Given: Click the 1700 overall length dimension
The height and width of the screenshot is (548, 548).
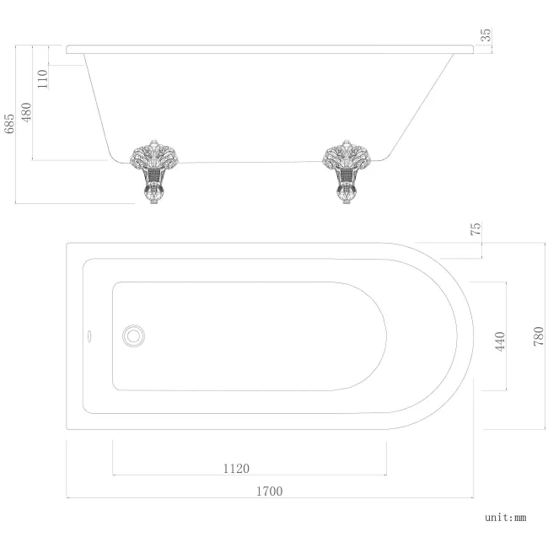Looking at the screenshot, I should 269,491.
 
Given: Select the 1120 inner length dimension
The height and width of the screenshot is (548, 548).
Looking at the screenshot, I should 236,468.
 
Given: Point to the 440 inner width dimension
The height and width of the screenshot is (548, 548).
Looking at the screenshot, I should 498,341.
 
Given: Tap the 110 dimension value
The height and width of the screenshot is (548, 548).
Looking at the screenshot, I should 43,78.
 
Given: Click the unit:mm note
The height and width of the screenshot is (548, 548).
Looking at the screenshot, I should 505,517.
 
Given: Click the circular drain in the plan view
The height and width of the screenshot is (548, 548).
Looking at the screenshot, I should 132,336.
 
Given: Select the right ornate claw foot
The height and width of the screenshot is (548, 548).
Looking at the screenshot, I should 347,167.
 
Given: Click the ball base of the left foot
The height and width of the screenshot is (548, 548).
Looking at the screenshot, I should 153,198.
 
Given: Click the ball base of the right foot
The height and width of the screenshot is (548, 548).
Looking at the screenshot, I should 347,198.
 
